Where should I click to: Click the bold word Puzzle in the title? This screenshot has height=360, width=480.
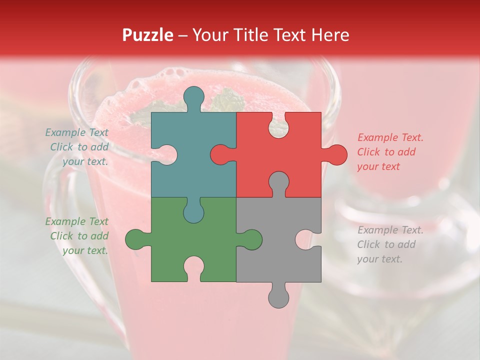tap(148, 35)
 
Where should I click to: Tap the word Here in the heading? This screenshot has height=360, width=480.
tap(329, 35)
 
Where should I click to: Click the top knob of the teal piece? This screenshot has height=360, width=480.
tap(193, 97)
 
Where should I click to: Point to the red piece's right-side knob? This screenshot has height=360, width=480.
tap(335, 154)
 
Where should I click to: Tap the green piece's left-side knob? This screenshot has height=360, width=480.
tap(136, 239)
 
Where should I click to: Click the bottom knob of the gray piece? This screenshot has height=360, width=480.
tap(278, 296)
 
